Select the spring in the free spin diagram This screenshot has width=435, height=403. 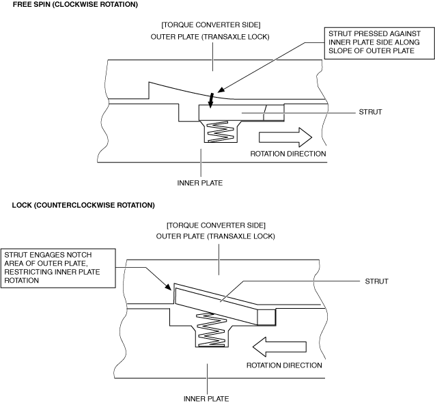(219, 133)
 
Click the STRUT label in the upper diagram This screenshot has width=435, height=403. (370, 111)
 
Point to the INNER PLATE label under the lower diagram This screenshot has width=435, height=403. (206, 398)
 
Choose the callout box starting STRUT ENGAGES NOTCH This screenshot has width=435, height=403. (57, 267)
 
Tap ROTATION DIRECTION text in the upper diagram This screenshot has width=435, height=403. (287, 154)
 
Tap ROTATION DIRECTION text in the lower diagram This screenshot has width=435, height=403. (284, 365)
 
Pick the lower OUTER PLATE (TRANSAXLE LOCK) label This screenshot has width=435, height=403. (216, 237)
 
